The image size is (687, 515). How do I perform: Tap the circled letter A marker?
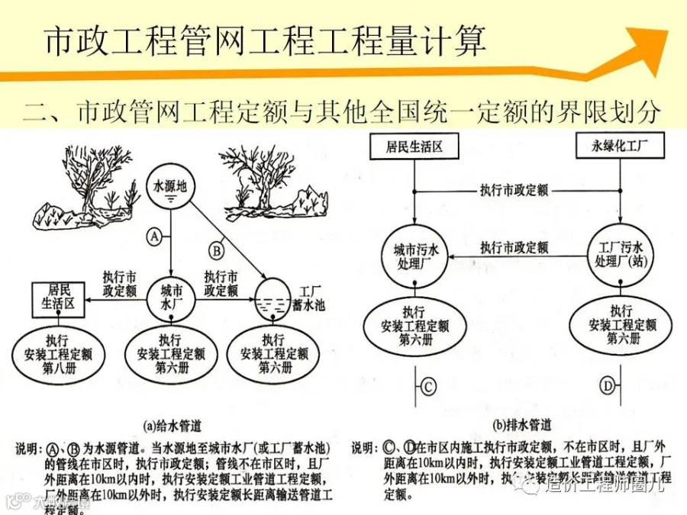tap(154, 237)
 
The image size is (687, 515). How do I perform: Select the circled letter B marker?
tap(216, 249)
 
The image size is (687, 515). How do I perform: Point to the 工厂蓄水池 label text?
tap(308, 298)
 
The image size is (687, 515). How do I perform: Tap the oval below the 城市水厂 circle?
tap(171, 354)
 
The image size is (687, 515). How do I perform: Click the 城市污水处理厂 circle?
tap(414, 256)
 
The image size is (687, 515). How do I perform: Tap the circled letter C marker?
tap(428, 387)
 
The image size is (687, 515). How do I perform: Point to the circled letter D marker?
tap(608, 387)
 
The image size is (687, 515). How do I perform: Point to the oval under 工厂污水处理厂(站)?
tap(622, 325)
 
